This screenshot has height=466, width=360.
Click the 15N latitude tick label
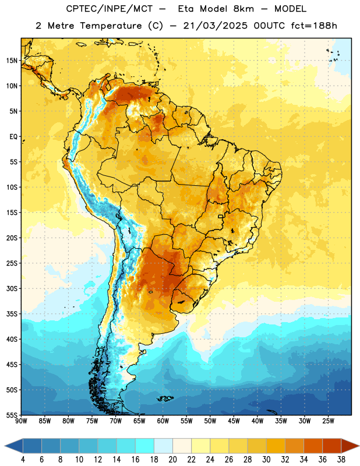point(12,61)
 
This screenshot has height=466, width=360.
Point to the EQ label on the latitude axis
point(13,137)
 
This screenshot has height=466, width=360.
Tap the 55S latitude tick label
point(12,415)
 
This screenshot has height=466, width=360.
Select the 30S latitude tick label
point(12,288)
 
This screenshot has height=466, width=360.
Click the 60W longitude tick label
point(163,421)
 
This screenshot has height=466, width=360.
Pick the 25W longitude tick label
point(328,421)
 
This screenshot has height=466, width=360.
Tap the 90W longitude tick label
point(21,421)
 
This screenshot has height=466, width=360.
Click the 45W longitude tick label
point(234,421)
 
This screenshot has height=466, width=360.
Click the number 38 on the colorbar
point(341,460)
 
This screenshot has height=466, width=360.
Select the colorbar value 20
point(172,460)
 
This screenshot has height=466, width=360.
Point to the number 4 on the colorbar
point(23,460)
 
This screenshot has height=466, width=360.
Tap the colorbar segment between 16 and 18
point(145,446)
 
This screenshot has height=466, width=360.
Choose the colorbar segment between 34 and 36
point(313,446)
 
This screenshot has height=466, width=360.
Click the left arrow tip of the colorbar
point(5,446)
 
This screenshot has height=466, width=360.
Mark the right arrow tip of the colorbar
point(359,446)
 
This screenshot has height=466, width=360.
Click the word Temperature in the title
point(111,26)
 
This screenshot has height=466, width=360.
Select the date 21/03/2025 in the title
point(215,26)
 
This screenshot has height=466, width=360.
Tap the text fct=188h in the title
point(314,26)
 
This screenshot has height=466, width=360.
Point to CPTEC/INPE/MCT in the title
point(110,9)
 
